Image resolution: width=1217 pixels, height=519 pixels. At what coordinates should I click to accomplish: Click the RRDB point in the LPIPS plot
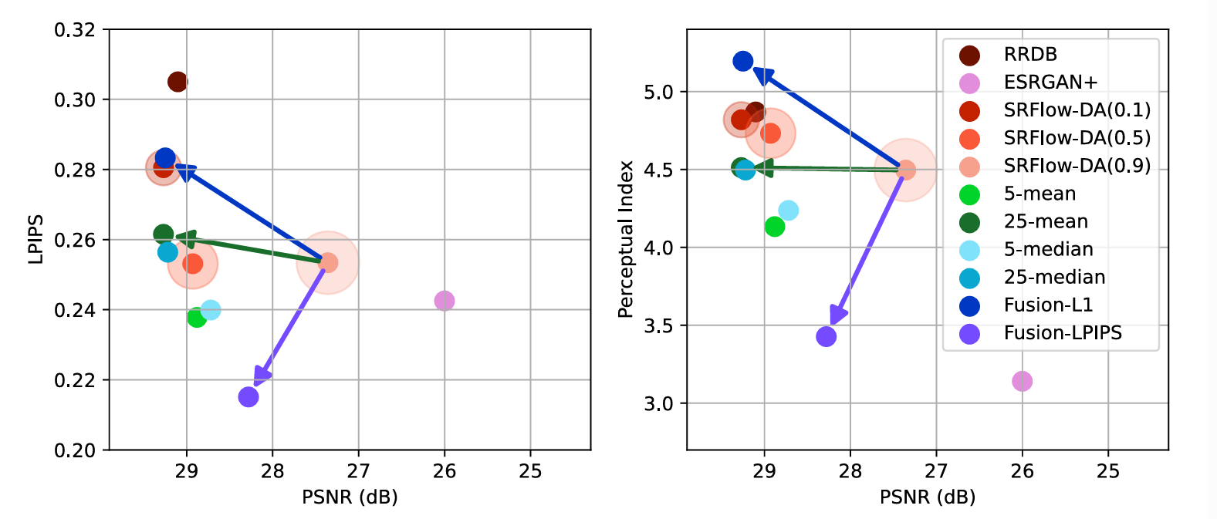[177, 82]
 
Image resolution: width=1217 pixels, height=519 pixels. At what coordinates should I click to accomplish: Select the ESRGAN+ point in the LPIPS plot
[444, 300]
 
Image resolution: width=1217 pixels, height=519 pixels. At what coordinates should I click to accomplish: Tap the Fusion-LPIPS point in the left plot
[248, 397]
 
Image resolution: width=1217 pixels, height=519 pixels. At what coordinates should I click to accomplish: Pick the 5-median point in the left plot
[210, 310]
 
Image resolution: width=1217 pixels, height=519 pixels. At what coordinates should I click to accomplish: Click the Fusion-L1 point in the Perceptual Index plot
[743, 61]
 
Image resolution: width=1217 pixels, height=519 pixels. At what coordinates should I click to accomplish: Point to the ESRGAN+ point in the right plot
[1022, 381]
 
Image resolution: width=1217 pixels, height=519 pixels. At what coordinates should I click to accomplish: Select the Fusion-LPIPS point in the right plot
[826, 336]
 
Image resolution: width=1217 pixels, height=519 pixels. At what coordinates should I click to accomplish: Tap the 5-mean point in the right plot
[775, 227]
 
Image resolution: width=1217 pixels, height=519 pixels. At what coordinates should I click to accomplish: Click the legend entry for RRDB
[1029, 55]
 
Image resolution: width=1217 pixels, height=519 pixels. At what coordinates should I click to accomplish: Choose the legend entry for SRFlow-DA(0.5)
[1077, 138]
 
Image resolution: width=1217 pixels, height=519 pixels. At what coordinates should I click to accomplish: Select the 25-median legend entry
[1054, 277]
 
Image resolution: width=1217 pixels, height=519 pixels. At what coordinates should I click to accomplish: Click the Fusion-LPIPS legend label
[1063, 333]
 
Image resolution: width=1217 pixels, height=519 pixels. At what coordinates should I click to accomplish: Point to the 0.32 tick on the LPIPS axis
[75, 30]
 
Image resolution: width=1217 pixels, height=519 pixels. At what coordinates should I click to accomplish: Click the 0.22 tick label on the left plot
[75, 380]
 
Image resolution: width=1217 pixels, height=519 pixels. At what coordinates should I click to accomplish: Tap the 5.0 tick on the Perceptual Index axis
[658, 92]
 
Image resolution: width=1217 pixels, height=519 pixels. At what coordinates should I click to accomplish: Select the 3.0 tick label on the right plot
[658, 403]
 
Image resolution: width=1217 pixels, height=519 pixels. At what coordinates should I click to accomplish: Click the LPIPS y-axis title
[35, 240]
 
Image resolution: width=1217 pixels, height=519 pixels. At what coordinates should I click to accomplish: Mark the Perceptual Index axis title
[625, 240]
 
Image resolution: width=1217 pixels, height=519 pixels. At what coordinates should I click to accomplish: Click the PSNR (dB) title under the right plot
[928, 497]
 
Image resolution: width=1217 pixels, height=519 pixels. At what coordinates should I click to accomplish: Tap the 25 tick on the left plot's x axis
[530, 471]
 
